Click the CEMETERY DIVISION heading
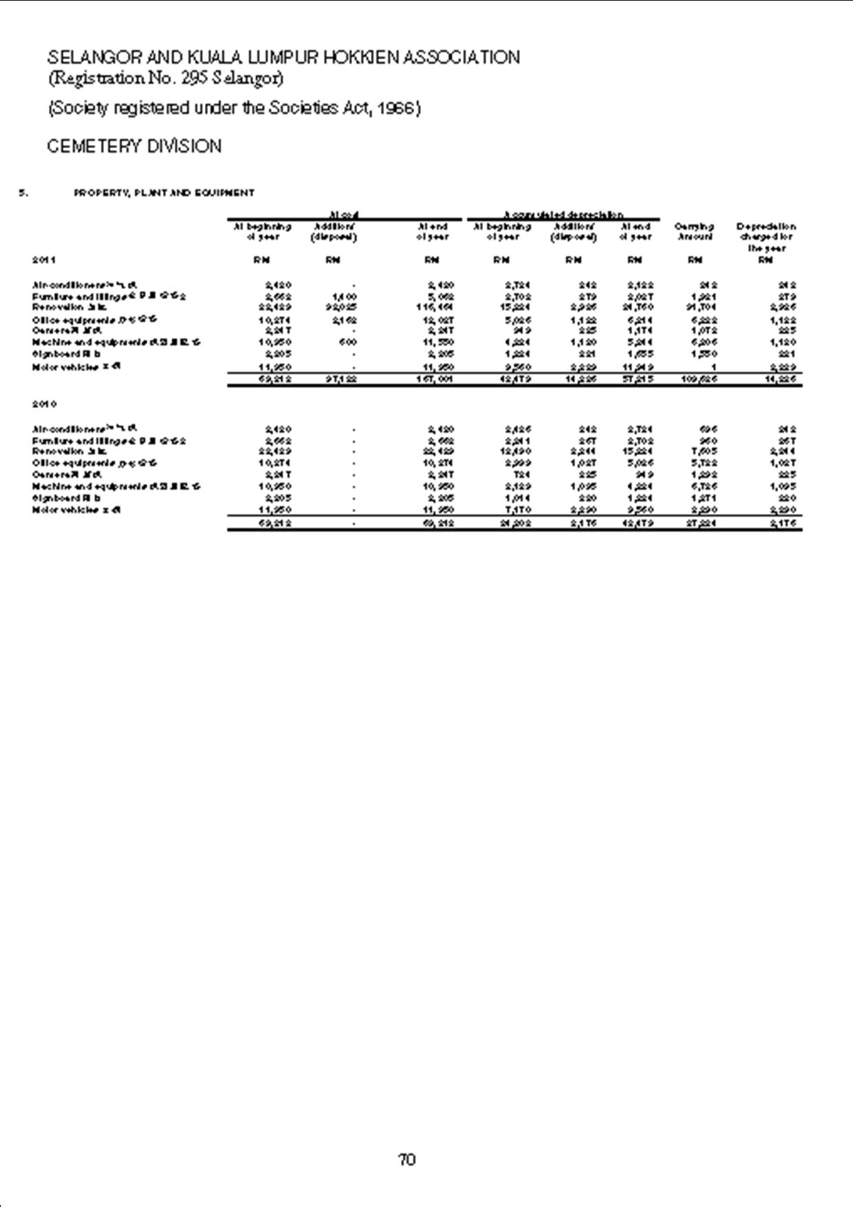tap(134, 147)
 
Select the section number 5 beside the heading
tap(23, 193)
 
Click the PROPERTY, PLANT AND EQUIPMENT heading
tap(164, 193)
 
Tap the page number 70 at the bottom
tap(407, 1160)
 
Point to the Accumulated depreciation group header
tap(563, 215)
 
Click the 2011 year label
tap(43, 260)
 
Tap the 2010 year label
tap(43, 404)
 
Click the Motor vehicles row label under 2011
tap(67, 367)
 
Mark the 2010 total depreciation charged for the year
tap(783, 523)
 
